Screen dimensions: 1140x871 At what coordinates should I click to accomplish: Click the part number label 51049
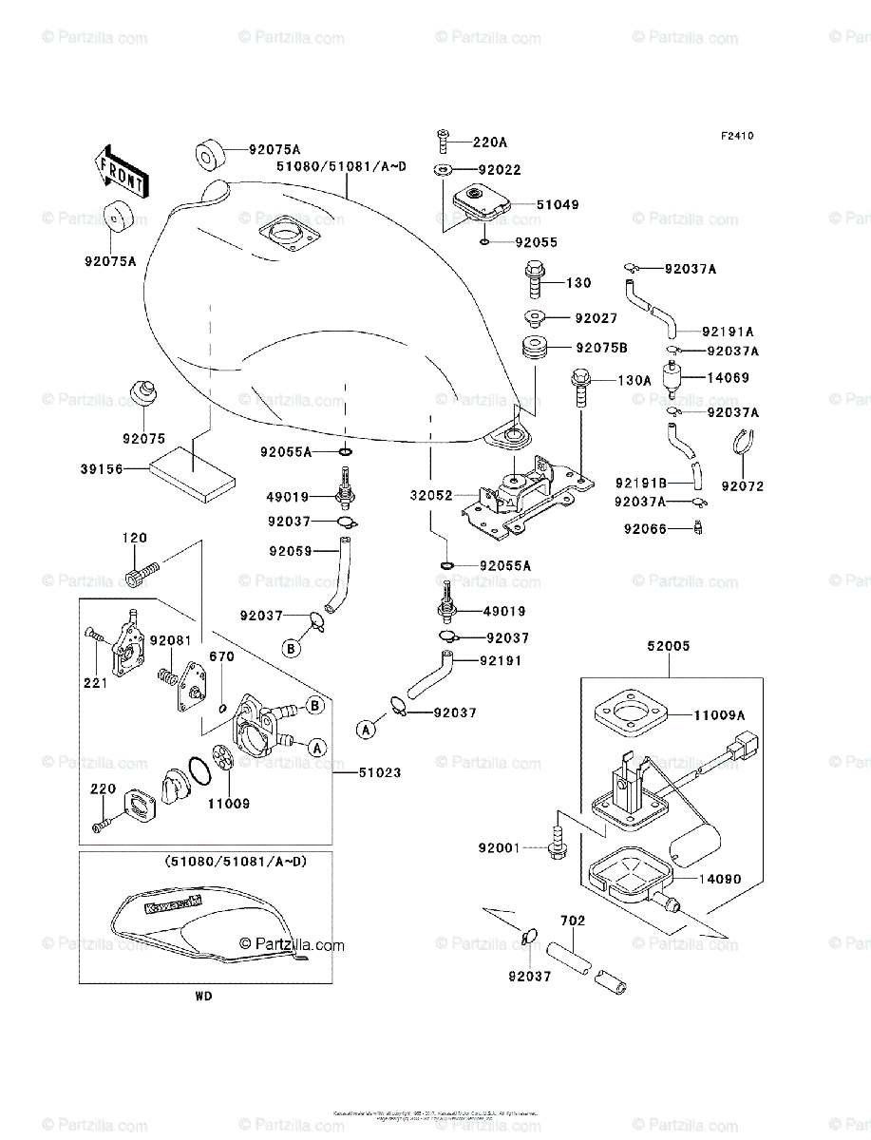pos(557,204)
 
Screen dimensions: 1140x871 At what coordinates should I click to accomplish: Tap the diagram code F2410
pos(736,137)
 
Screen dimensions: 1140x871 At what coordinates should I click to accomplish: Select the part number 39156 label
pos(102,468)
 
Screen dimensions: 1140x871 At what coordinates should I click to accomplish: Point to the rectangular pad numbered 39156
pos(191,475)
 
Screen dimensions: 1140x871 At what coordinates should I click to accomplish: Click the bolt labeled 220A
pos(444,142)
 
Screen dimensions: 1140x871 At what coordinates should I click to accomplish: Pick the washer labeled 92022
pos(444,170)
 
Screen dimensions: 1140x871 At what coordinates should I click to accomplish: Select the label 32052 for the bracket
pos(431,496)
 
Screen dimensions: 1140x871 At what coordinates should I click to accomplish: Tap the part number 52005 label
pos(669,646)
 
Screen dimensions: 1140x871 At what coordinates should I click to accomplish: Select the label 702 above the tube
pos(573,921)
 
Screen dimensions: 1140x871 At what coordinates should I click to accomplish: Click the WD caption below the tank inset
pos(204,997)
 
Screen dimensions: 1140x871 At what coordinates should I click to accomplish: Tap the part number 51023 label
pos(380,773)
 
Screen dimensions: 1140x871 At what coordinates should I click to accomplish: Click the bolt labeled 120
pos(142,573)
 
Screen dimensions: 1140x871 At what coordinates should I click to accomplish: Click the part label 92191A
pos(728,332)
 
